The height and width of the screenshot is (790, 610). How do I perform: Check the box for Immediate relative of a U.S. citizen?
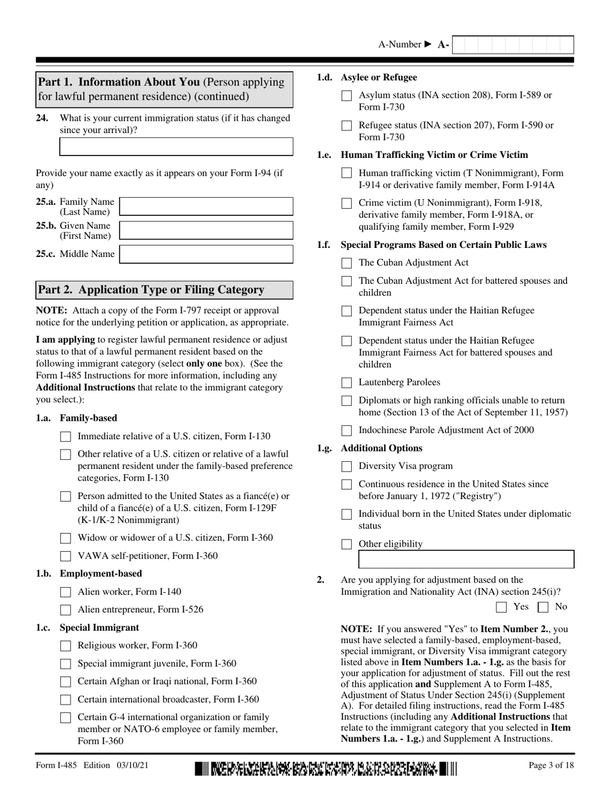click(x=65, y=437)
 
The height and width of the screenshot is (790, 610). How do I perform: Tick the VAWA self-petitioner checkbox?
click(x=65, y=556)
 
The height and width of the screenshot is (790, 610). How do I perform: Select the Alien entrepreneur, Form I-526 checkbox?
click(x=65, y=610)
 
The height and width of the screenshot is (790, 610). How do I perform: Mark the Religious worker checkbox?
click(x=65, y=646)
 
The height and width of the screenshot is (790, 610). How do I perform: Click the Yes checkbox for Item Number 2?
click(x=502, y=607)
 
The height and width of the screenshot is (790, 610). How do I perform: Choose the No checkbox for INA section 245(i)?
click(x=543, y=607)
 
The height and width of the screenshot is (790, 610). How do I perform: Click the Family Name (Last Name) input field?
click(x=206, y=207)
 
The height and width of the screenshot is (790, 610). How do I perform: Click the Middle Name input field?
click(x=206, y=254)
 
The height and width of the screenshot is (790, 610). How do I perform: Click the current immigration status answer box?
click(x=176, y=147)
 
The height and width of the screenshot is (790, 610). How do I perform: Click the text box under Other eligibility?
click(x=466, y=560)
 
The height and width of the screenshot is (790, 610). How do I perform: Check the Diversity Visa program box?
click(x=347, y=467)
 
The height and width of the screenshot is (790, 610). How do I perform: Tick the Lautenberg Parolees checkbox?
click(x=347, y=383)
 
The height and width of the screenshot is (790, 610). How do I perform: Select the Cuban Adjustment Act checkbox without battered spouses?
click(x=347, y=263)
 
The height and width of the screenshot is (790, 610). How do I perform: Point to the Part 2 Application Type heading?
click(x=152, y=290)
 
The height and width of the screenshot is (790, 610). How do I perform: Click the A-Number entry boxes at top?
click(x=512, y=45)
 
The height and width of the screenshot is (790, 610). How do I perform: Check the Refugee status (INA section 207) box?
click(x=347, y=126)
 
